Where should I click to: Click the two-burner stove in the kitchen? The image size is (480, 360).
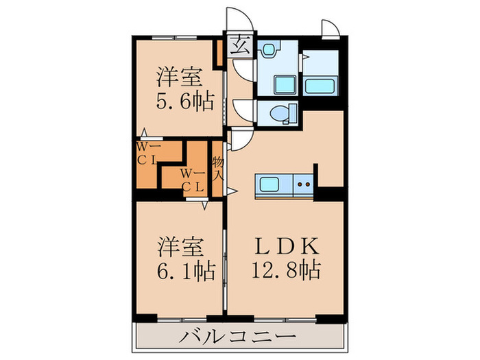[303, 184]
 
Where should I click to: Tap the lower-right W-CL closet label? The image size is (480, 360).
[192, 180]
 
